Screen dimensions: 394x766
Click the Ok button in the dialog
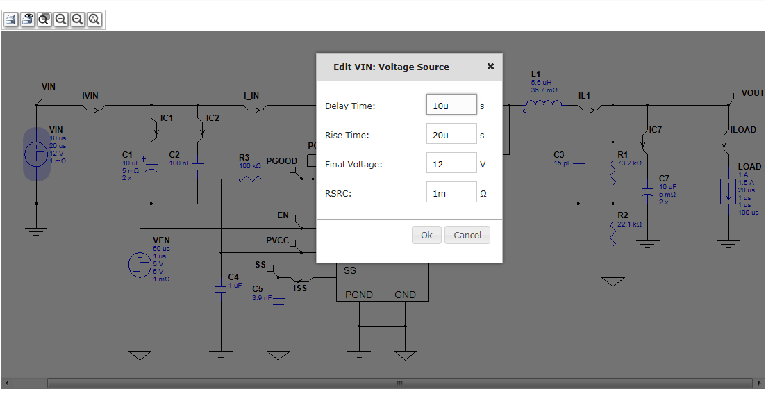click(x=426, y=235)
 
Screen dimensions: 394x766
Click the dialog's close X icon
click(x=490, y=67)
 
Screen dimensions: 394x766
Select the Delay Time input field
click(x=451, y=105)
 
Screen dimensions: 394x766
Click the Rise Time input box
click(x=451, y=135)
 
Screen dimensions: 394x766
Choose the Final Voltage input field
click(x=451, y=164)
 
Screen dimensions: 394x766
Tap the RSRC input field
click(x=451, y=193)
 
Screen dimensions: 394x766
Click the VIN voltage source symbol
click(x=36, y=154)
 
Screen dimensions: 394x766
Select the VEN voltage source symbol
click(x=140, y=264)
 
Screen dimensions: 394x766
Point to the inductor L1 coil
click(x=547, y=106)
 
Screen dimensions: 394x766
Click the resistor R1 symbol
click(x=613, y=172)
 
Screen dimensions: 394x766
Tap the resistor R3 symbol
click(x=249, y=179)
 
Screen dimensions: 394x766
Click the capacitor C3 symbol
click(x=578, y=167)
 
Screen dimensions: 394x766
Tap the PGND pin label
click(x=358, y=295)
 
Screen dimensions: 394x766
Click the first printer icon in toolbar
click(x=10, y=19)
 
